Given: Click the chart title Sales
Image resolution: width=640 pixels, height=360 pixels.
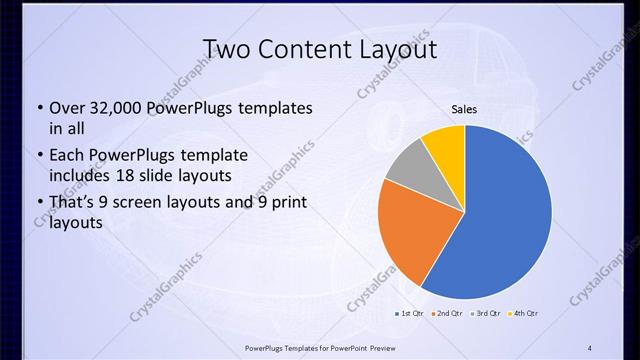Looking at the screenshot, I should pyautogui.click(x=464, y=110).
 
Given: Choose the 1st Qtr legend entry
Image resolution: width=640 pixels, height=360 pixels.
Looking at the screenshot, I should pyautogui.click(x=409, y=314).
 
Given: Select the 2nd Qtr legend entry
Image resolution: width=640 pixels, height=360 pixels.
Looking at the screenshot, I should pyautogui.click(x=446, y=314).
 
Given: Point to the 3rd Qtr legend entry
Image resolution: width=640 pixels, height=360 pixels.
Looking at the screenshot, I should pyautogui.click(x=485, y=314).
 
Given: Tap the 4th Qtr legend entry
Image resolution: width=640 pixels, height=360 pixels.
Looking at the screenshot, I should pyautogui.click(x=523, y=314).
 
